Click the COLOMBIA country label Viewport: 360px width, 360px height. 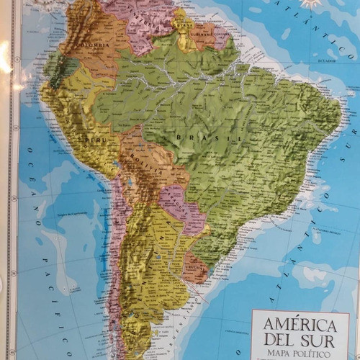[94, 48]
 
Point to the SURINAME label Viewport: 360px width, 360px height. [199, 33]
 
